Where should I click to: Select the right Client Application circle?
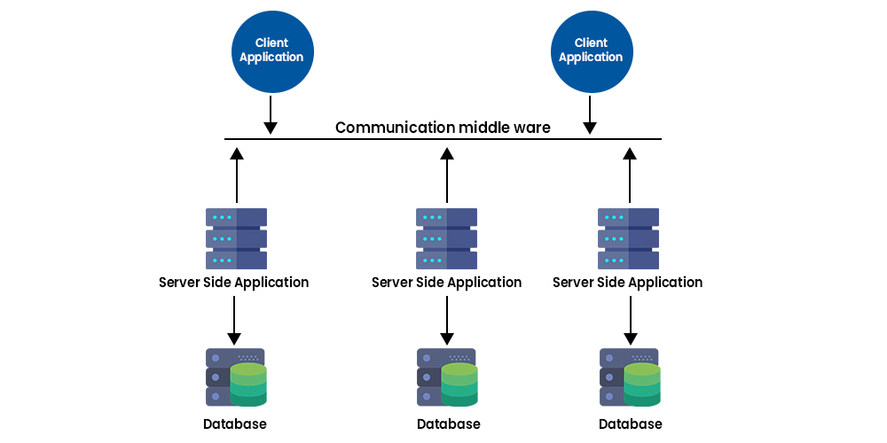click(590, 51)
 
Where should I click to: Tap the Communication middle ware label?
click(443, 128)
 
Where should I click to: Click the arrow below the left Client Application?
click(271, 116)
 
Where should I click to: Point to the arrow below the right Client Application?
click(590, 116)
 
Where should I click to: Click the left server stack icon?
click(236, 238)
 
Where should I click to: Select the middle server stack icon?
click(446, 238)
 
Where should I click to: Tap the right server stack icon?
click(629, 238)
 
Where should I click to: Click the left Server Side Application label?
click(234, 283)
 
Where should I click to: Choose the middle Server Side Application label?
click(446, 283)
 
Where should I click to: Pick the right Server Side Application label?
click(627, 283)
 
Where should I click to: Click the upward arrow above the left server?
click(236, 175)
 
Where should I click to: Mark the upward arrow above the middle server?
click(447, 175)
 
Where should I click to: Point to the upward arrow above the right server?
click(630, 175)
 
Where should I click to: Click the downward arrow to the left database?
click(234, 320)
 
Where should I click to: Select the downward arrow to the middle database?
click(447, 320)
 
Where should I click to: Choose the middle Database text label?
click(448, 424)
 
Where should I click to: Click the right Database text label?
click(630, 424)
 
